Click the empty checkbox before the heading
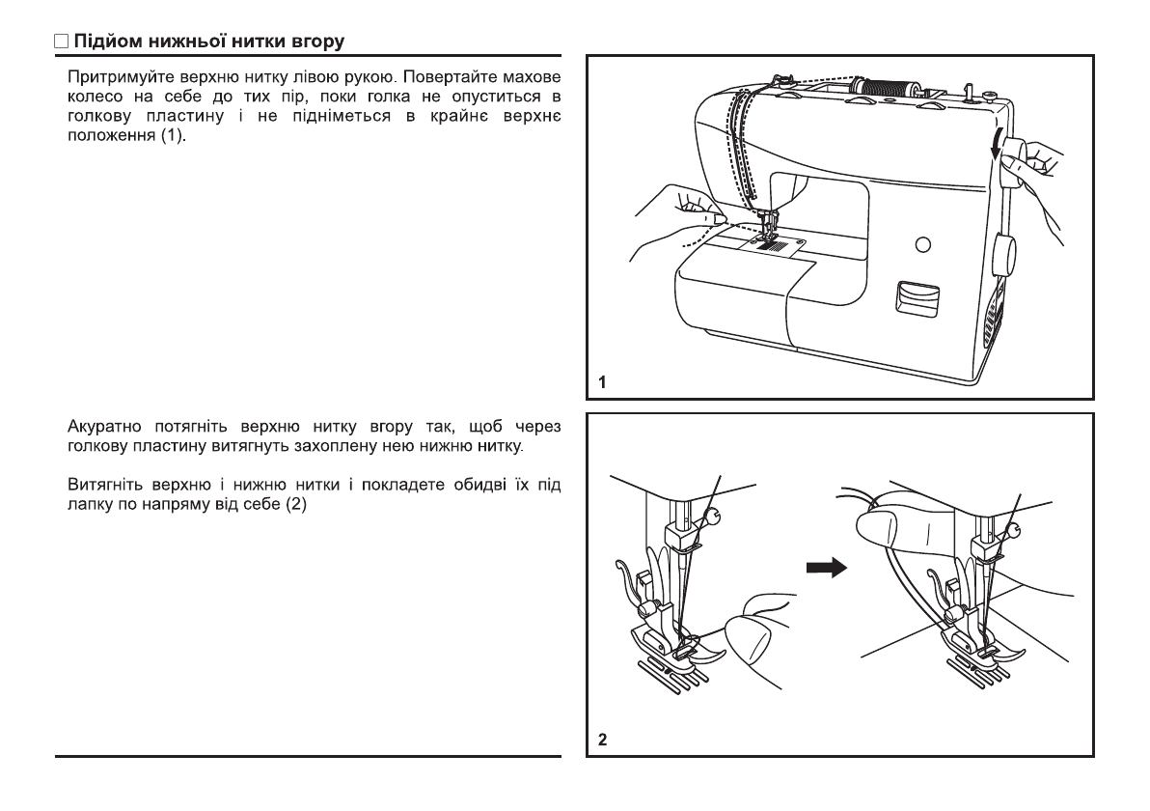pos(61,42)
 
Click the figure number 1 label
pos(602,382)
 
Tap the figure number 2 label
pos(603,741)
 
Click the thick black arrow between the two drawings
pos(825,569)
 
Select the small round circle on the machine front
pos(922,242)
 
